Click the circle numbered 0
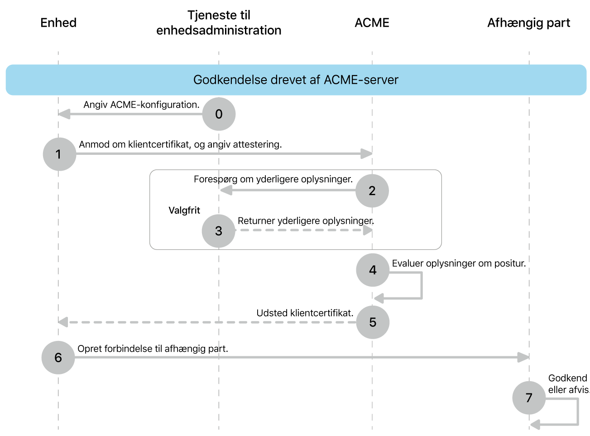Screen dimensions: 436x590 (x=219, y=114)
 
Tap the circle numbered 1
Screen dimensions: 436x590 (x=59, y=154)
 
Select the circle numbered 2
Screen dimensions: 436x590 (x=372, y=191)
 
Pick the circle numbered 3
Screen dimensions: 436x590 (x=219, y=231)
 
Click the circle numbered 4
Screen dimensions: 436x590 (x=373, y=270)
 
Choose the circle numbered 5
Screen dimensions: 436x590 (x=373, y=322)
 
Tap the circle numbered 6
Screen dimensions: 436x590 (x=58, y=358)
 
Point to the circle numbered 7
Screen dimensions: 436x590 (x=529, y=398)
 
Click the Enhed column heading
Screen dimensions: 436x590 (x=58, y=23)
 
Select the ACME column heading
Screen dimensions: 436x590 (x=372, y=23)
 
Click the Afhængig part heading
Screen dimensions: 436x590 (x=528, y=23)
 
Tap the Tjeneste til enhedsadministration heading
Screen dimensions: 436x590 (x=219, y=23)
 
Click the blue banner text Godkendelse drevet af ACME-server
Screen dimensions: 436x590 (x=296, y=80)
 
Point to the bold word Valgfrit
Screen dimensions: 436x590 (x=184, y=210)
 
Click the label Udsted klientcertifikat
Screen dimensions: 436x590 (x=305, y=313)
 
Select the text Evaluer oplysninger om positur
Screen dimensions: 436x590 (x=459, y=264)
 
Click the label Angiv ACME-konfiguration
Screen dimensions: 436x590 (x=141, y=105)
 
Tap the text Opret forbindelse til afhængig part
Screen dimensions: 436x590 (x=153, y=349)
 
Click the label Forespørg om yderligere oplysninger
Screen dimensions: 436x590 (x=273, y=179)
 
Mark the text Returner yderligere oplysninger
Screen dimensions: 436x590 (x=306, y=221)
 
